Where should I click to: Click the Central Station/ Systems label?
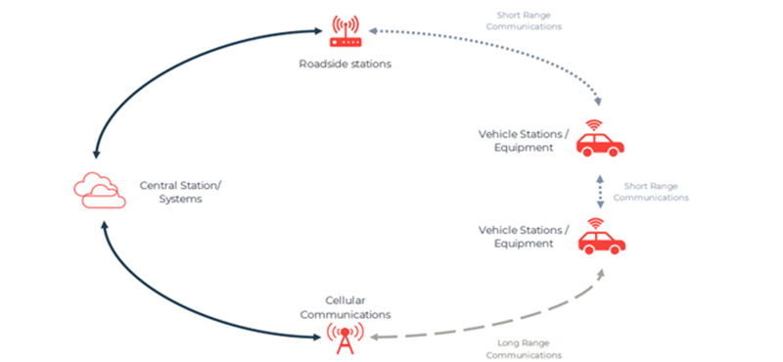pyautogui.click(x=180, y=191)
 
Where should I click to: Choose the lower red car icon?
pyautogui.click(x=599, y=239)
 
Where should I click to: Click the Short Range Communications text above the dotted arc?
pyautogui.click(x=530, y=21)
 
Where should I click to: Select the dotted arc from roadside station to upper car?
pyautogui.click(x=509, y=49)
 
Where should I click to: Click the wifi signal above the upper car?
pyautogui.click(x=592, y=125)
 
